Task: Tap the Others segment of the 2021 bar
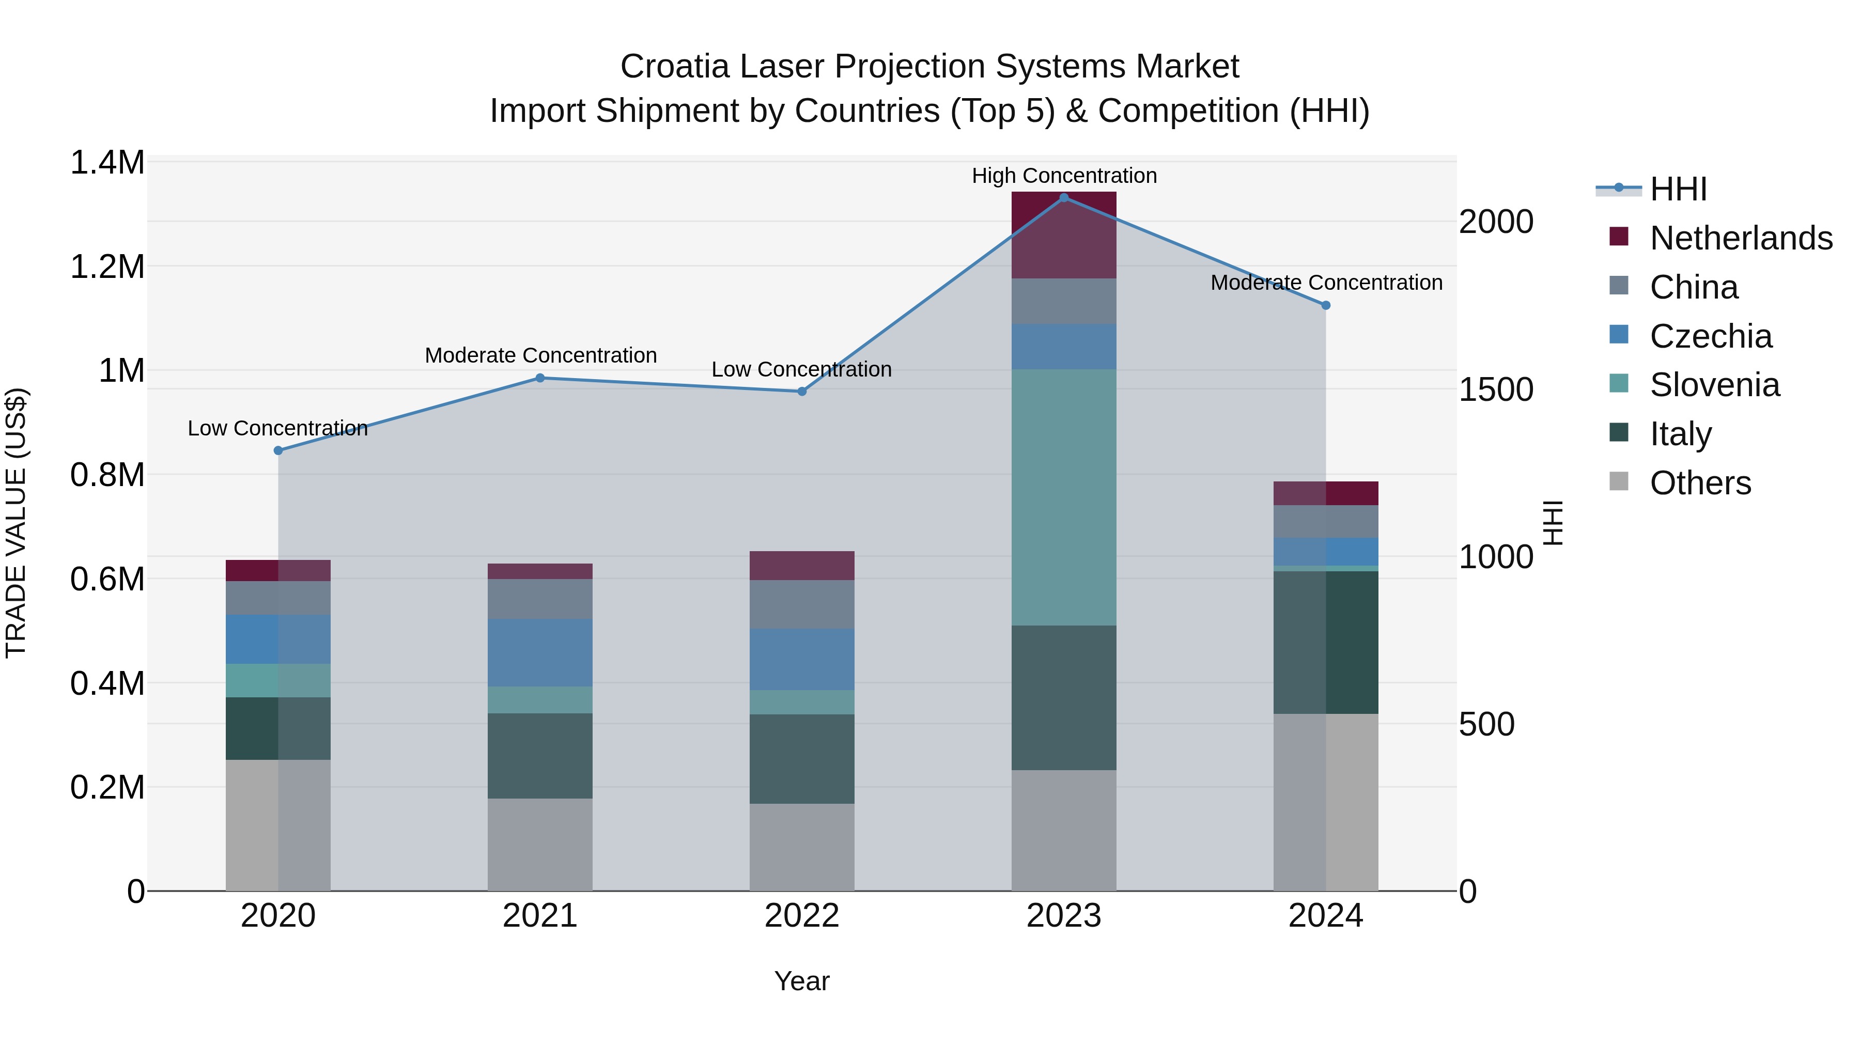click(x=540, y=844)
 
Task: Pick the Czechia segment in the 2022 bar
click(x=801, y=659)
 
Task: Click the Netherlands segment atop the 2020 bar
click(x=278, y=570)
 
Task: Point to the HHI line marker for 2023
click(x=1064, y=197)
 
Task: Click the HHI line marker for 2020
click(x=278, y=450)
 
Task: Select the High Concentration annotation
click(x=1064, y=176)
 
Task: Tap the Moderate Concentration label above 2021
click(x=540, y=355)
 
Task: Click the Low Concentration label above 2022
click(x=801, y=369)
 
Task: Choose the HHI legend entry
click(x=1678, y=189)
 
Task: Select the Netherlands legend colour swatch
click(x=1619, y=237)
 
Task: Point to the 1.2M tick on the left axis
click(x=107, y=267)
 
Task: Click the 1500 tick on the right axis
click(x=1495, y=390)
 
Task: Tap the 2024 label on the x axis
click(x=1326, y=916)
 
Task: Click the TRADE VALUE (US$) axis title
click(x=16, y=523)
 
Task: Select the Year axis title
click(x=801, y=981)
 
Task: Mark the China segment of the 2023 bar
click(x=1064, y=301)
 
